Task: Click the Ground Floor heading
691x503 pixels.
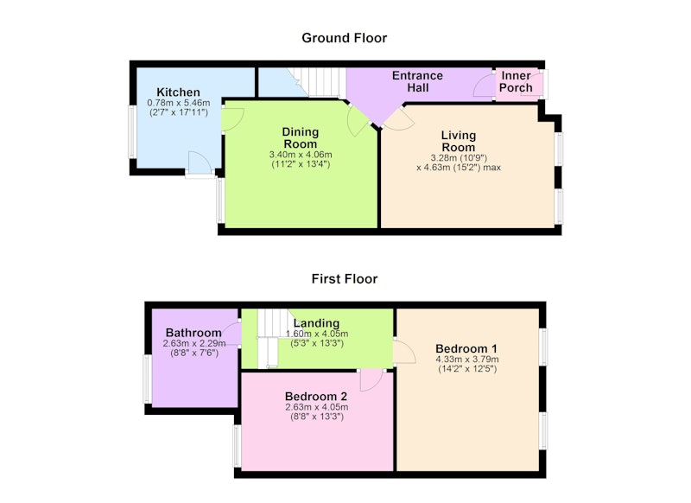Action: (344, 38)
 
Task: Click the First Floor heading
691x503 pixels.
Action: (344, 278)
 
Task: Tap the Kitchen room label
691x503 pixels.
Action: (179, 92)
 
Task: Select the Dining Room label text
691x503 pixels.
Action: (301, 138)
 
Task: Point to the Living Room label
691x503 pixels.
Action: (459, 141)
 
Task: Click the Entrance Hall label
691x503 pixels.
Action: (418, 81)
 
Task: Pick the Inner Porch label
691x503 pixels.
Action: (516, 81)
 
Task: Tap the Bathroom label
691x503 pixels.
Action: (193, 333)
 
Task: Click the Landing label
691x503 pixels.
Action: (316, 323)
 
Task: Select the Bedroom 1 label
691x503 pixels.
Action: (466, 348)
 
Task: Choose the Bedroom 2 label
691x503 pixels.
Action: (316, 397)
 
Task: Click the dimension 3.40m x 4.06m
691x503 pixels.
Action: (301, 155)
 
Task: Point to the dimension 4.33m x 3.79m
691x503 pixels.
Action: (467, 360)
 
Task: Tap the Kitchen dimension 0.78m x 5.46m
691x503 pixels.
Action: (179, 103)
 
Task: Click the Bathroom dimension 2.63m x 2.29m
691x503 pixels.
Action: (194, 343)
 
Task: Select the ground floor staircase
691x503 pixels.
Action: (317, 82)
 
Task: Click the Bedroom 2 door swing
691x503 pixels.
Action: (371, 380)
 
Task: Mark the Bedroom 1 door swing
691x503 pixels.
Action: (404, 352)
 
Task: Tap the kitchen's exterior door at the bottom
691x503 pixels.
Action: (200, 164)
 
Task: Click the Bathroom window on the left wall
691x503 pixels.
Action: (148, 379)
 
